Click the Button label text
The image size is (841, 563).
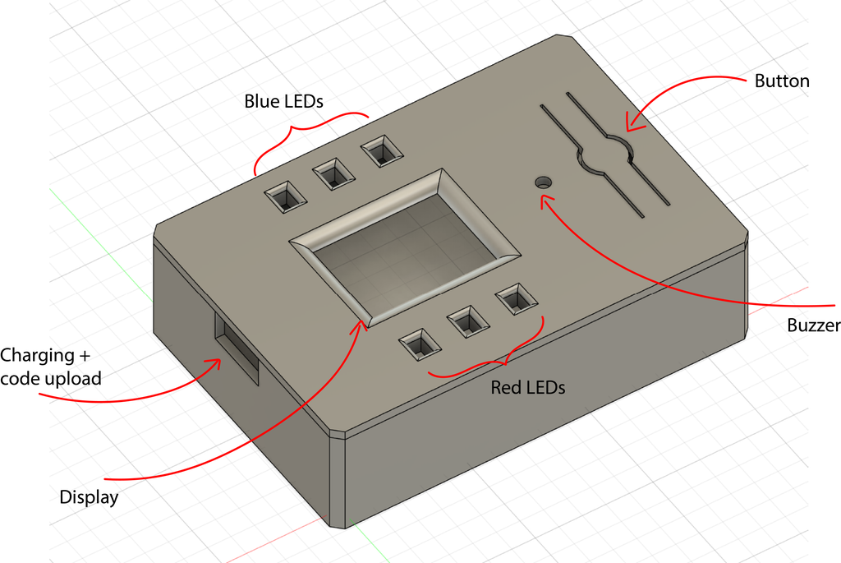[782, 81]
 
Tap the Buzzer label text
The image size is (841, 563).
[813, 325]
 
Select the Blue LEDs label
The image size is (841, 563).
[283, 102]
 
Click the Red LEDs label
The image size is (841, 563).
[527, 387]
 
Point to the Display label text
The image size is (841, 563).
[89, 497]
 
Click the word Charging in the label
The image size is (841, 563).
[37, 356]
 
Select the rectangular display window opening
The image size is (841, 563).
[405, 242]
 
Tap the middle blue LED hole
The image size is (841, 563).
[333, 174]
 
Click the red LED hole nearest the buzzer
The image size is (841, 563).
[514, 300]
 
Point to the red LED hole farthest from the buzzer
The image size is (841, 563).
[418, 344]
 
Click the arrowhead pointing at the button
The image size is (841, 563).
[629, 127]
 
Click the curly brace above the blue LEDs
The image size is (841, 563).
[312, 132]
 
